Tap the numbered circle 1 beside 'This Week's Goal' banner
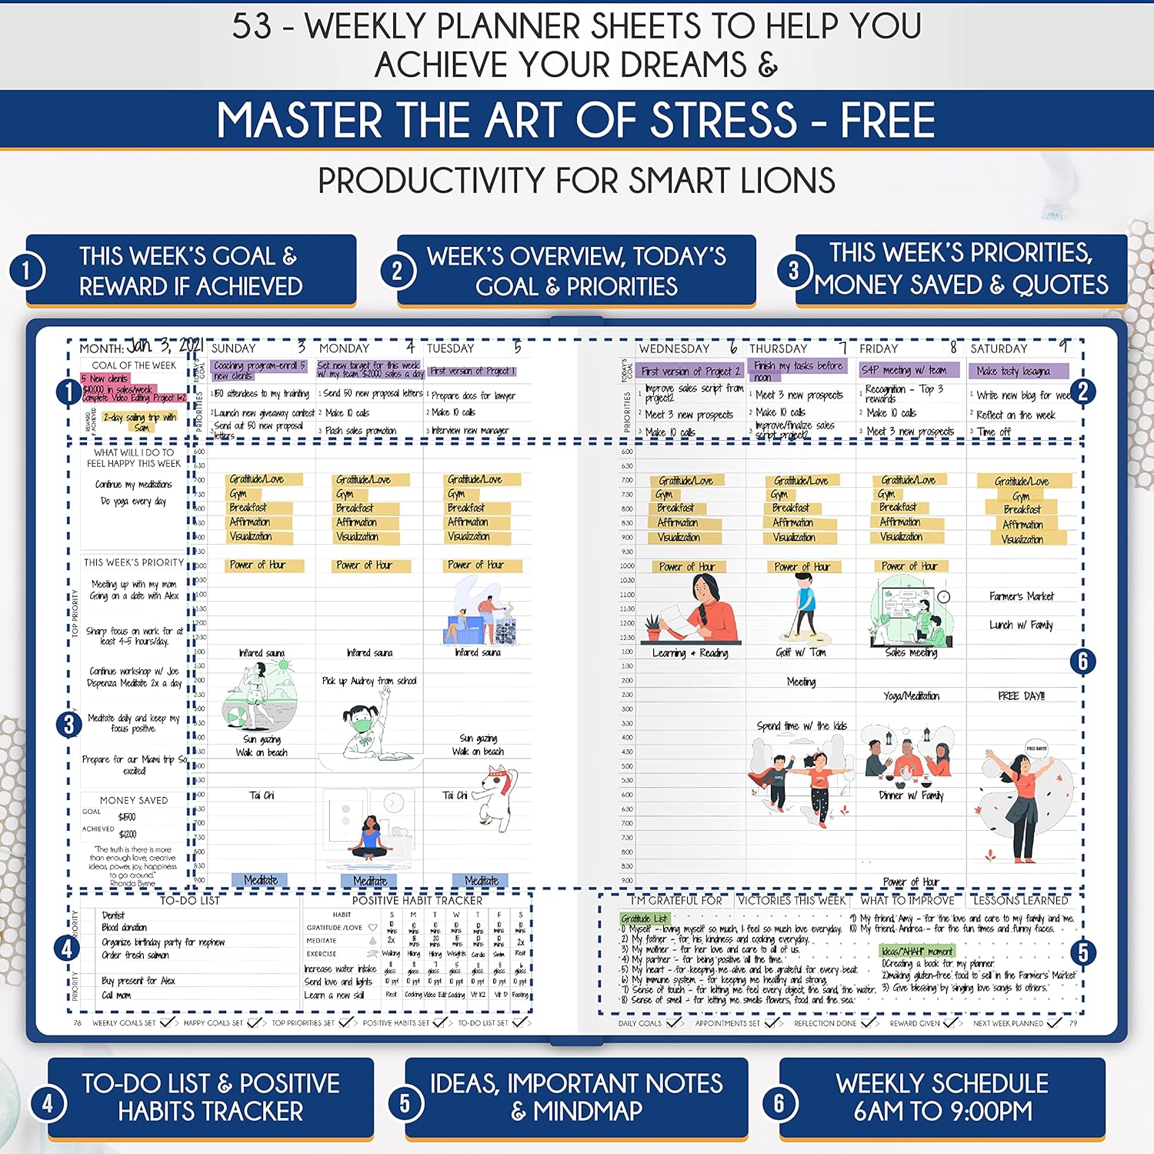point(28,271)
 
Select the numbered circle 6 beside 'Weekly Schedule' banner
point(779,1103)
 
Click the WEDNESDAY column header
point(674,349)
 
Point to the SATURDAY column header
point(999,349)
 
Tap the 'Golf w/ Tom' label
point(800,652)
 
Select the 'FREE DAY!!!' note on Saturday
point(1021,695)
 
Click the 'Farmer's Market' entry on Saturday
point(1022,596)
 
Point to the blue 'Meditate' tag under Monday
point(370,881)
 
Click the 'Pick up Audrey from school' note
point(369,681)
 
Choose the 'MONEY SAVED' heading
point(134,800)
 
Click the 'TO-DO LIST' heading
point(189,900)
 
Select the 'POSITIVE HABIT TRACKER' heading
point(417,900)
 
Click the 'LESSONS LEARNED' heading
point(1020,900)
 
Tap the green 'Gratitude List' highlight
point(645,919)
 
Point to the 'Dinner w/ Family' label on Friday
point(911,795)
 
